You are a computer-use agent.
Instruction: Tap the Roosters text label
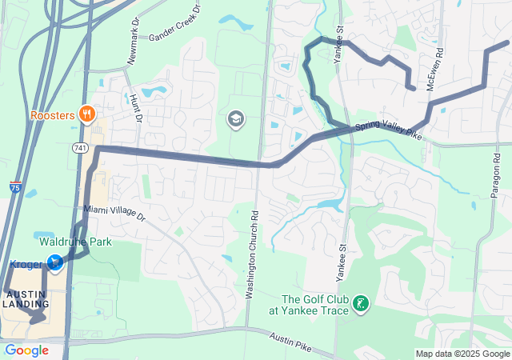53,115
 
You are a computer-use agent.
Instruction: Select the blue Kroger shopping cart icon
54,262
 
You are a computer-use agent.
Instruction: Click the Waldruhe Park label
76,242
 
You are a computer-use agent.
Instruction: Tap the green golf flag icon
361,303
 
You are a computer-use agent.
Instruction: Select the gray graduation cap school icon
236,120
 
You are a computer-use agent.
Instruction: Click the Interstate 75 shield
16,187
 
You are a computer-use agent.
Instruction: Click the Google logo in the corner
26,350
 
